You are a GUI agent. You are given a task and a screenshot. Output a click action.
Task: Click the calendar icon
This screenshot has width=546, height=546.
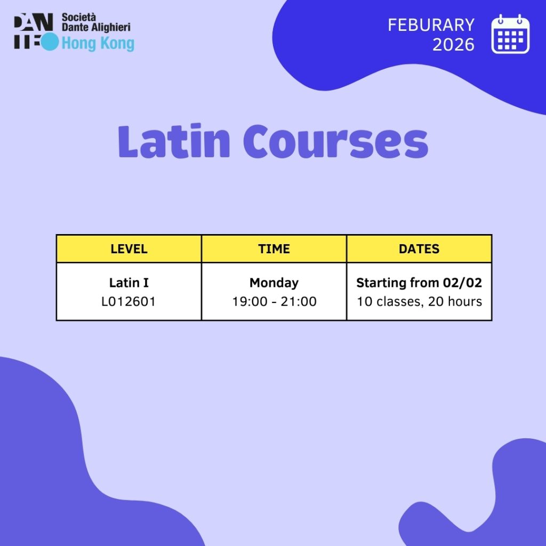point(510,34)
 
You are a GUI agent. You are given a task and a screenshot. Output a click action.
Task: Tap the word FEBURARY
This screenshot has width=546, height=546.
point(431,25)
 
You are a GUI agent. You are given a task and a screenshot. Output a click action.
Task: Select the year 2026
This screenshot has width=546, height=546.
point(453,45)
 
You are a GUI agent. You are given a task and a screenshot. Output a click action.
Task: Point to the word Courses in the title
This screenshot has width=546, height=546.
point(336,142)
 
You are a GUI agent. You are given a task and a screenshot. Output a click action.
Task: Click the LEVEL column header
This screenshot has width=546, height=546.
point(129,248)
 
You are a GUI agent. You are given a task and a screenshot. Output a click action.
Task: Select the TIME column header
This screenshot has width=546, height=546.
point(274,248)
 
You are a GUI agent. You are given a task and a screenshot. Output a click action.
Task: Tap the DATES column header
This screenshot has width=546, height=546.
point(419,248)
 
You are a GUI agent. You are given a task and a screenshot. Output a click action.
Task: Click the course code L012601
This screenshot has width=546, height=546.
point(129,302)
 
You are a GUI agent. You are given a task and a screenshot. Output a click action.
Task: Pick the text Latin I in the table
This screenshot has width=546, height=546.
point(129,283)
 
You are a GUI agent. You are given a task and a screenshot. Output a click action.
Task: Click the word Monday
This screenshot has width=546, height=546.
point(274,283)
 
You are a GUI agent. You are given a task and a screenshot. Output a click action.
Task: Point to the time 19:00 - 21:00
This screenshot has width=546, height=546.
point(275,302)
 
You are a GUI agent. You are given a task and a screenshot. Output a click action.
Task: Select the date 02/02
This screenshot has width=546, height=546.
point(462,283)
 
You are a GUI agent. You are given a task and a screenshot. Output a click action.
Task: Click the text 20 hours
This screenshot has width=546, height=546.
point(455,302)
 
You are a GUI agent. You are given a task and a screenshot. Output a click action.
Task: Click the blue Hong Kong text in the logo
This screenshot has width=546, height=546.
point(98,44)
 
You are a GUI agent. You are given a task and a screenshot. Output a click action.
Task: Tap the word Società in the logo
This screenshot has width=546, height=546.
point(79,17)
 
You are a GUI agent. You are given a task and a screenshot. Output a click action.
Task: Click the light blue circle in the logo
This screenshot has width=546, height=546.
point(49,42)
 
